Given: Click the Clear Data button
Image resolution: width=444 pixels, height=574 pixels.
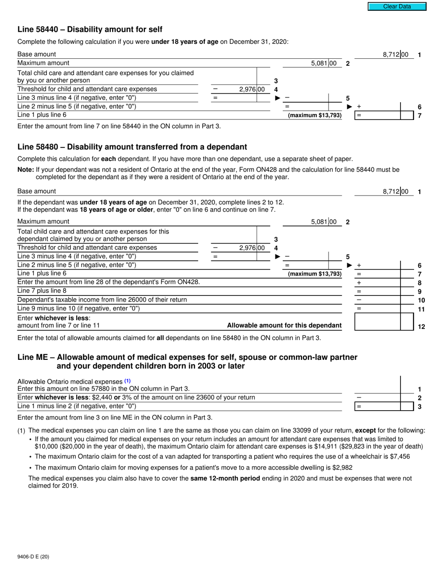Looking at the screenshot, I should pyautogui.click(x=397, y=7).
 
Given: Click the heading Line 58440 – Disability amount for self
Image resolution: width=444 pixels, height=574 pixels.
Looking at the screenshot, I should pyautogui.click(x=90, y=29).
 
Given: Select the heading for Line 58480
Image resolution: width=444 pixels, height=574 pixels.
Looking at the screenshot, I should pyautogui.click(x=132, y=147).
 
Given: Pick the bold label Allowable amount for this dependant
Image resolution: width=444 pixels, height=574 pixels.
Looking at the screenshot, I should pyautogui.click(x=284, y=326).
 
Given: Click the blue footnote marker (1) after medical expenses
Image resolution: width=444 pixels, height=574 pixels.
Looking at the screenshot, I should pyautogui.click(x=128, y=381).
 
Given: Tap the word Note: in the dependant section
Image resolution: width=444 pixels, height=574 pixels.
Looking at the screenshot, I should pyautogui.click(x=26, y=170).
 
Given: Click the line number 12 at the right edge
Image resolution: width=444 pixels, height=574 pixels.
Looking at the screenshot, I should pyautogui.click(x=421, y=327).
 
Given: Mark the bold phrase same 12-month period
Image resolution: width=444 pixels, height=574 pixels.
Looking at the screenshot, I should pyautogui.click(x=225, y=478).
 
